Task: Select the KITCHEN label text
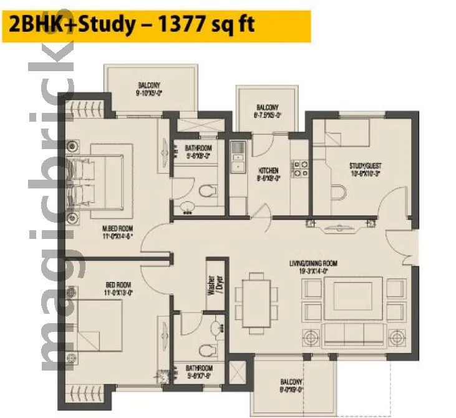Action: click(268, 173)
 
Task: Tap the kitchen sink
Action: click(237, 157)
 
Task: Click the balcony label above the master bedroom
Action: click(148, 89)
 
